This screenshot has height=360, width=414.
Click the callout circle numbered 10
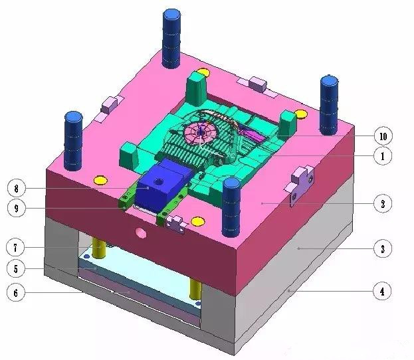(383, 136)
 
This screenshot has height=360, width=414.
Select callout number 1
(383, 156)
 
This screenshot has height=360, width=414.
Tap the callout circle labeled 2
(383, 203)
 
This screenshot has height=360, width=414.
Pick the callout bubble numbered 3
(383, 248)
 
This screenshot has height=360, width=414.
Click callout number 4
(382, 292)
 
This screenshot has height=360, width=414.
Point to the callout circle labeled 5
(16, 269)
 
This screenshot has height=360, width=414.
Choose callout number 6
(16, 292)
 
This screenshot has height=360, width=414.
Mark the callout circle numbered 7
(15, 248)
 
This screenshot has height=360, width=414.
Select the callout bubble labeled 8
(17, 189)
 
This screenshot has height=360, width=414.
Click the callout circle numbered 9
(17, 209)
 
